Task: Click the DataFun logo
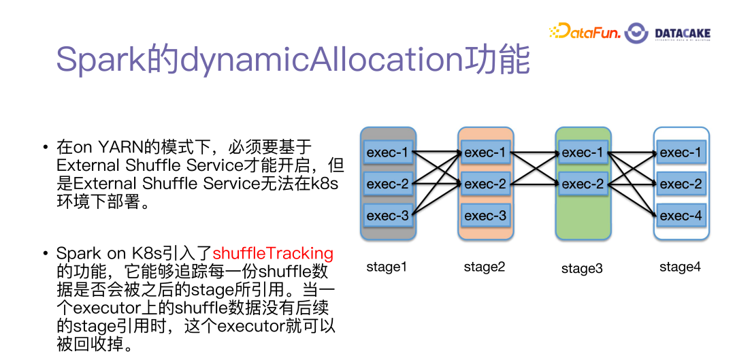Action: pyautogui.click(x=584, y=31)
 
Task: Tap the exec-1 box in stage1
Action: pyautogui.click(x=387, y=152)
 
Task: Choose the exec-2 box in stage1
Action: pyautogui.click(x=387, y=184)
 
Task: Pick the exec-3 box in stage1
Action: pyautogui.click(x=387, y=216)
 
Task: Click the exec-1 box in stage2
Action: pyautogui.click(x=485, y=152)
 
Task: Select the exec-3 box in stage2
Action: pyautogui.click(x=485, y=216)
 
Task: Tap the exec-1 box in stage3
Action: pyautogui.click(x=583, y=152)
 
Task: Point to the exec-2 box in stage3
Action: pyautogui.click(x=583, y=184)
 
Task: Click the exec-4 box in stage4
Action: pyautogui.click(x=681, y=216)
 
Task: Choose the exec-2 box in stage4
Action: pyautogui.click(x=681, y=184)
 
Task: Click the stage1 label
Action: pyautogui.click(x=387, y=267)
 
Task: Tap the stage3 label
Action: pyautogui.click(x=582, y=268)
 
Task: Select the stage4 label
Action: pyautogui.click(x=680, y=267)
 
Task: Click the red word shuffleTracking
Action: pyautogui.click(x=274, y=253)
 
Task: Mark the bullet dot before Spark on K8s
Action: pyautogui.click(x=44, y=254)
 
